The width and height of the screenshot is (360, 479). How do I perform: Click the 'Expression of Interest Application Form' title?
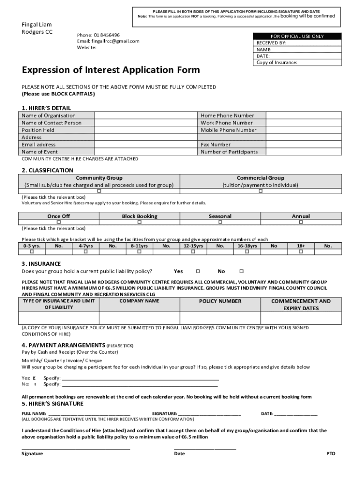[111, 70]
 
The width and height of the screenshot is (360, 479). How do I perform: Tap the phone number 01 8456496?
[107, 35]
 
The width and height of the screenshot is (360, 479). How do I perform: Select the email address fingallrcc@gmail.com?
[115, 41]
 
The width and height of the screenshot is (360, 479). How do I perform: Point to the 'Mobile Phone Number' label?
[228, 130]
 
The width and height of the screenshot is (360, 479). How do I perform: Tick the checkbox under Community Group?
[99, 191]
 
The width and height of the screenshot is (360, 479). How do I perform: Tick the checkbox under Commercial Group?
[260, 191]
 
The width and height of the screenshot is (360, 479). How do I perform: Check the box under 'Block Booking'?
[139, 223]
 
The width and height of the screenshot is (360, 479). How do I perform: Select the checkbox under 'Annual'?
[301, 223]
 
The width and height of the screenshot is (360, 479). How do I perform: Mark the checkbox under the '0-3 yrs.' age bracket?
[32, 252]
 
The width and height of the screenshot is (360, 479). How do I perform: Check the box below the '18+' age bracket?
[301, 252]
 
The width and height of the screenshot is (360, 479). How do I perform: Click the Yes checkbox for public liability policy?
[198, 271]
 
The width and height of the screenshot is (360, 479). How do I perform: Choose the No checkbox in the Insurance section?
[241, 271]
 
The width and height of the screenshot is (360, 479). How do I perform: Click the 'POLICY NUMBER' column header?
[220, 301]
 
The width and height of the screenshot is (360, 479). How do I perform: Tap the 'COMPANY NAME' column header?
[139, 301]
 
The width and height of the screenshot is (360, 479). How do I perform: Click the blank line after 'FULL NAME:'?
[89, 414]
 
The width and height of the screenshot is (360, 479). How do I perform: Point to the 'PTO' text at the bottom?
[331, 454]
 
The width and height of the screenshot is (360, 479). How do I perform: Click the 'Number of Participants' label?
[229, 152]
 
